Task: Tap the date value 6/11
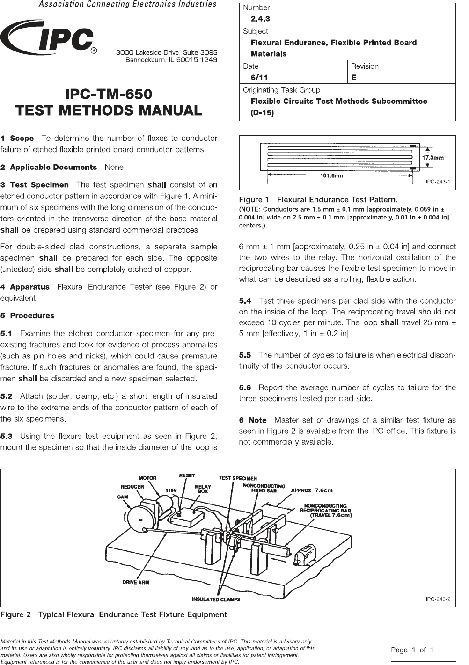[x=260, y=77]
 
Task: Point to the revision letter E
[x=354, y=77]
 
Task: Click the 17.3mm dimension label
[x=432, y=158]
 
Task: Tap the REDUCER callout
[x=132, y=486]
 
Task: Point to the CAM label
[x=123, y=497]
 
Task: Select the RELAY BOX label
[x=203, y=489]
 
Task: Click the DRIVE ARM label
[x=136, y=582]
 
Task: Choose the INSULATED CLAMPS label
[x=216, y=599]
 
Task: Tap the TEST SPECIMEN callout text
[x=238, y=478]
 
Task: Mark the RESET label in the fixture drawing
[x=187, y=475]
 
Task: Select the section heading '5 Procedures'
[x=28, y=315]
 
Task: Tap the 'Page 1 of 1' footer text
[x=412, y=650]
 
